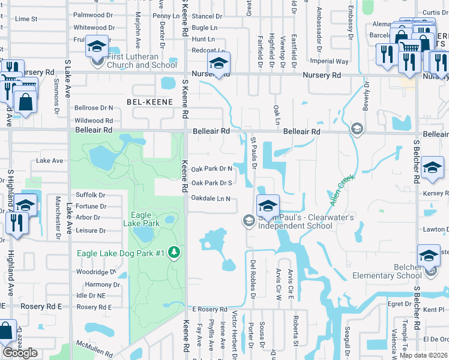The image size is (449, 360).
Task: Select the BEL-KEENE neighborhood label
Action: (149, 103)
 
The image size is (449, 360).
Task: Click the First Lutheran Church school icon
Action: (97, 46)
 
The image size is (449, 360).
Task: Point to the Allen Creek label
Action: (343, 188)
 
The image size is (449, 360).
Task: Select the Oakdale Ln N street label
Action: (211, 198)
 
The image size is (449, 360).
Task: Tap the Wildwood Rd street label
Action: (93, 121)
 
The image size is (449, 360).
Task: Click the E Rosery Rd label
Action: (209, 309)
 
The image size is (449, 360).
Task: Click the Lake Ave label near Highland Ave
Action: (50, 161)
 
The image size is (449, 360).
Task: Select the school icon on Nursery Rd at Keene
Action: (219, 63)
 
